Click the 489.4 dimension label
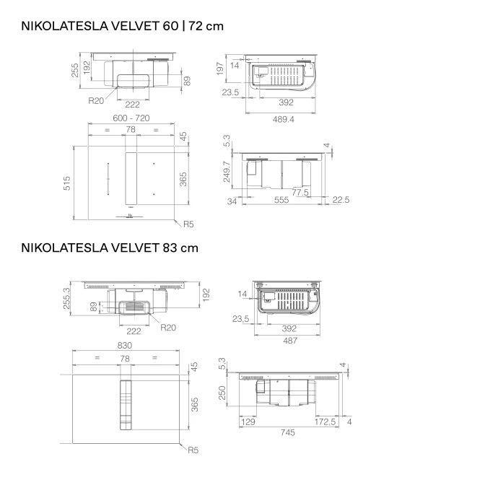(284, 119)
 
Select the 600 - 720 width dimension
(131, 118)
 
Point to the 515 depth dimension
(67, 183)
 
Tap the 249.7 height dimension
(227, 172)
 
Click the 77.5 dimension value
(300, 193)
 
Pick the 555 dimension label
(281, 200)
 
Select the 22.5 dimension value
(341, 200)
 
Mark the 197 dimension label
(219, 69)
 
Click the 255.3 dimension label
(66, 298)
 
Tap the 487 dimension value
(290, 341)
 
